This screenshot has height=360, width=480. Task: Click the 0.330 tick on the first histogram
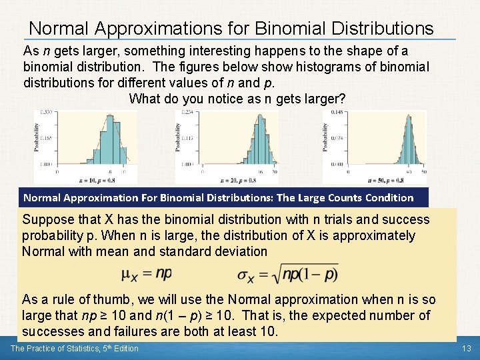pyautogui.click(x=46, y=113)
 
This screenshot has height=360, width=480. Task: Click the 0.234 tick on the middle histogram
pyautogui.click(x=187, y=113)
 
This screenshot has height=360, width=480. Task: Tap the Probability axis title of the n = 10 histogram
pyautogui.click(x=37, y=138)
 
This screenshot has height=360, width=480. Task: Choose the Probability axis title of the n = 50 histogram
pyautogui.click(x=325, y=138)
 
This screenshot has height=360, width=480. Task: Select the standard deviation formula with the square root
pyautogui.click(x=287, y=274)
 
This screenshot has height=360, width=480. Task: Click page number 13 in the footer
pyautogui.click(x=466, y=349)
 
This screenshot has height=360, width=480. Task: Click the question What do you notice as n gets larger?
pyautogui.click(x=237, y=99)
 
